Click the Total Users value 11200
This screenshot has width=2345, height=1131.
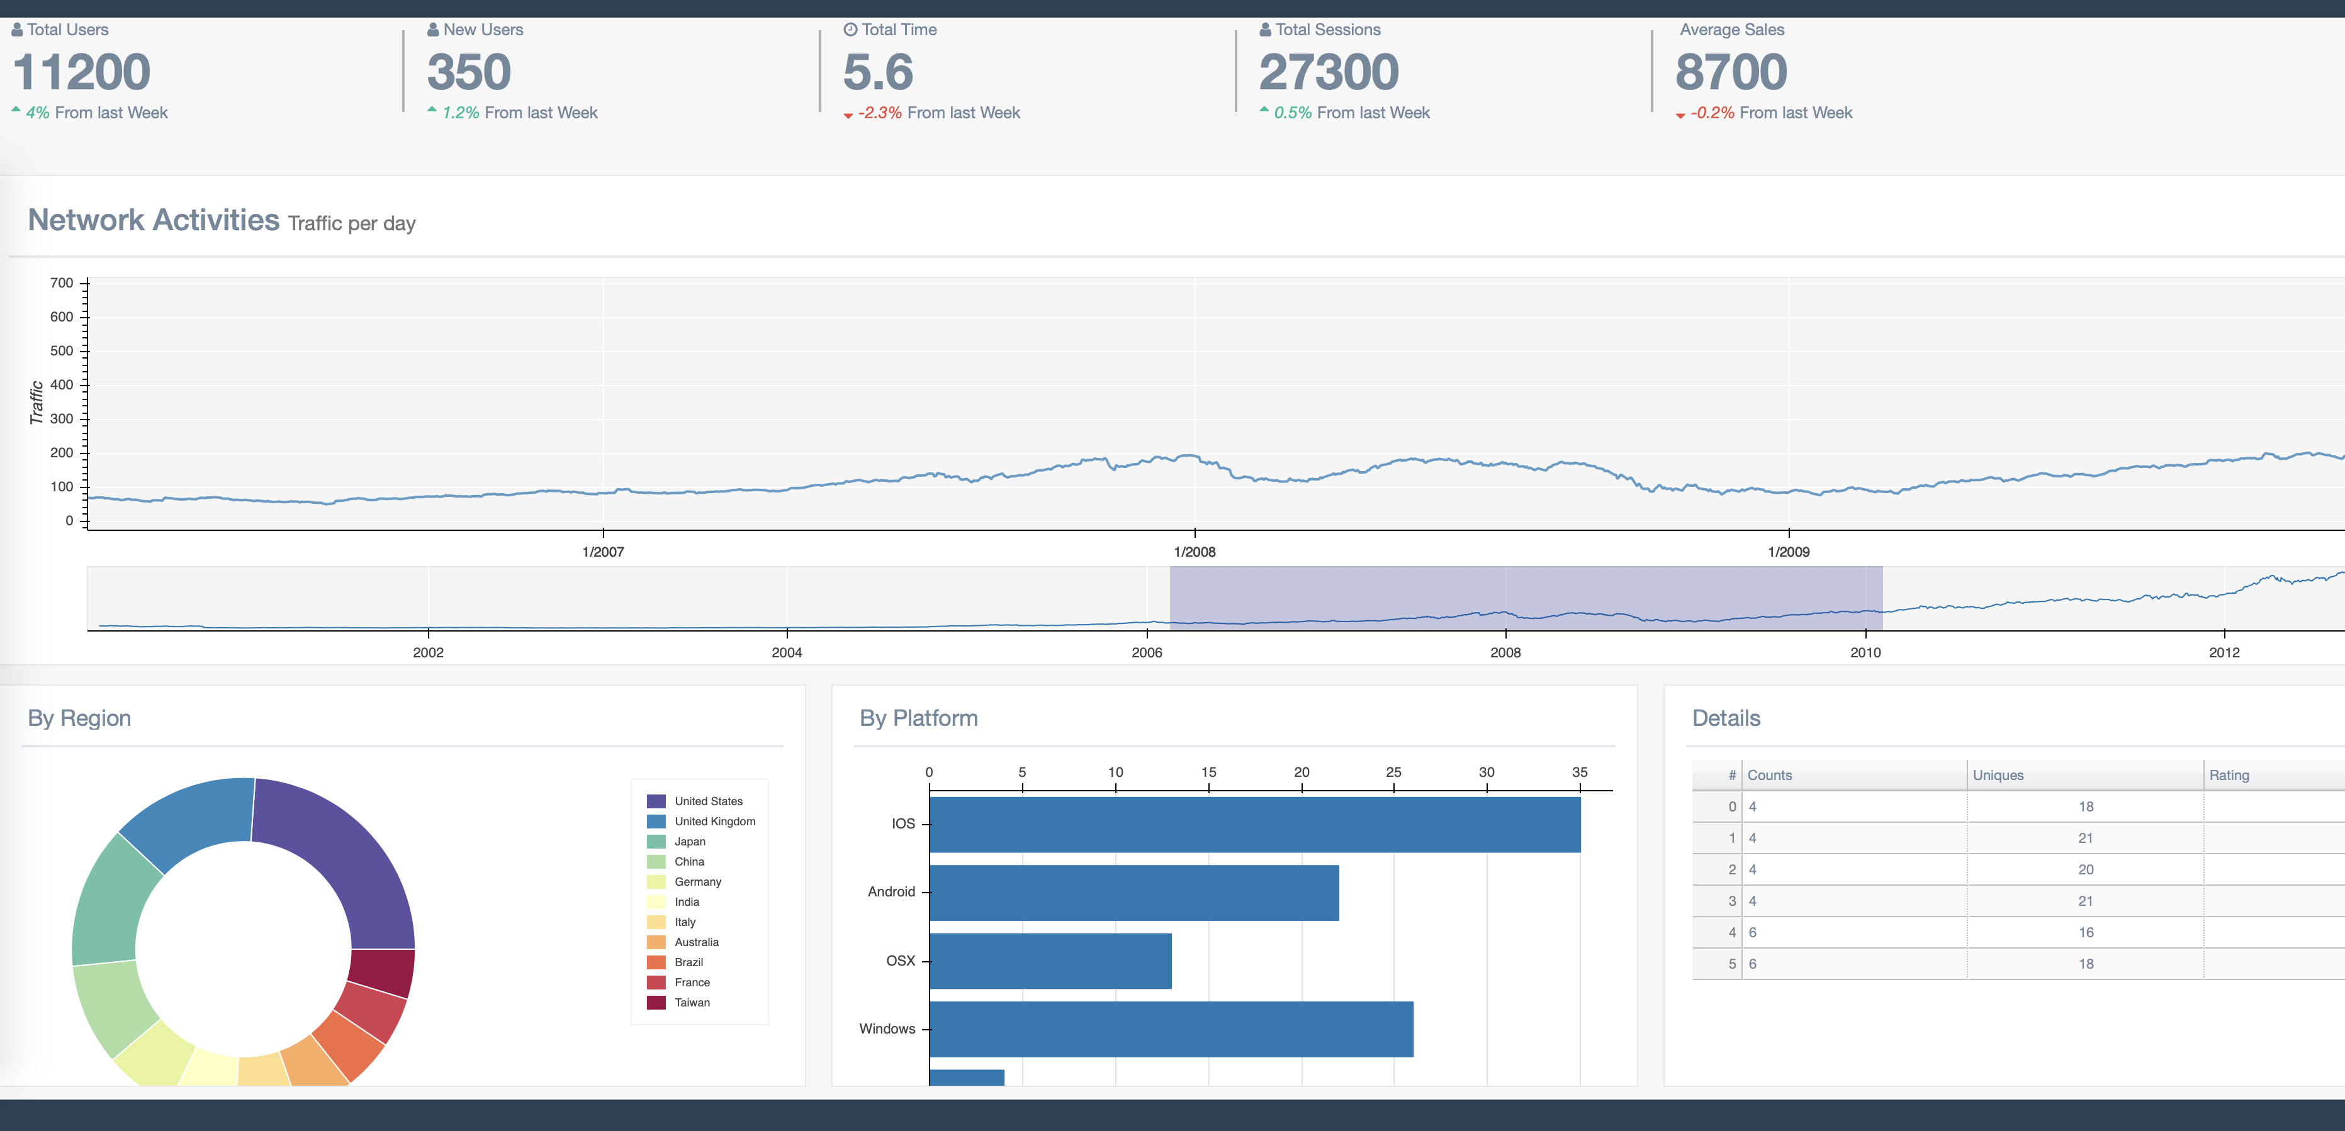82,73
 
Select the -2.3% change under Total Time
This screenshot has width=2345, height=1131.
879,113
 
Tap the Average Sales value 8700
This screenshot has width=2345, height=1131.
1731,73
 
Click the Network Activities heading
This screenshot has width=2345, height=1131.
154,220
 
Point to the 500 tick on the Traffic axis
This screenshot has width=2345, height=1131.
62,351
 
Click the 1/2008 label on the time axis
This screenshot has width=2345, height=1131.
1195,552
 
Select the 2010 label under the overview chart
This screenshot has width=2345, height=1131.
1865,652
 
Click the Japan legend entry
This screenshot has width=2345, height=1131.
689,842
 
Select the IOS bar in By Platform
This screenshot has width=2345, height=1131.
1254,825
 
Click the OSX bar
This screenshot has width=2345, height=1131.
1050,961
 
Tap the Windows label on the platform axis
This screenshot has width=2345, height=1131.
887,1029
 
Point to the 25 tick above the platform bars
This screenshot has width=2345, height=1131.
1393,772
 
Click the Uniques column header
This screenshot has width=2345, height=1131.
1998,775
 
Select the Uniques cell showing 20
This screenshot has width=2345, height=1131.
2086,870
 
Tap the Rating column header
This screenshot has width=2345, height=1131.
2229,775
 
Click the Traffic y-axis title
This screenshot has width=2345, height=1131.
37,402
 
